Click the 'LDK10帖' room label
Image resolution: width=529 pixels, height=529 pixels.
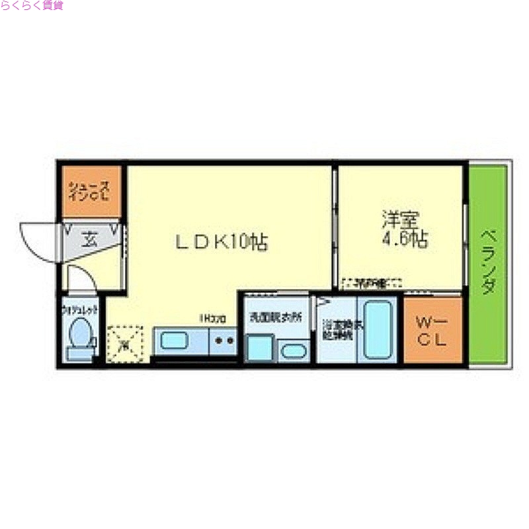click(x=221, y=242)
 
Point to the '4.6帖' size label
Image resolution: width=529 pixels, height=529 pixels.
click(x=405, y=239)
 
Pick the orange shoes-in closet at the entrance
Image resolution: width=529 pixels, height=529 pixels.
click(x=91, y=191)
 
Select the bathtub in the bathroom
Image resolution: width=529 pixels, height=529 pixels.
click(x=377, y=329)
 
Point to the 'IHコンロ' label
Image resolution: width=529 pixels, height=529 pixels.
click(x=213, y=319)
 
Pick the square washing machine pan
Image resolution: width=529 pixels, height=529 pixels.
click(x=259, y=348)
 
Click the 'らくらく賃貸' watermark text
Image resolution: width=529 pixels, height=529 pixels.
click(x=32, y=6)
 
